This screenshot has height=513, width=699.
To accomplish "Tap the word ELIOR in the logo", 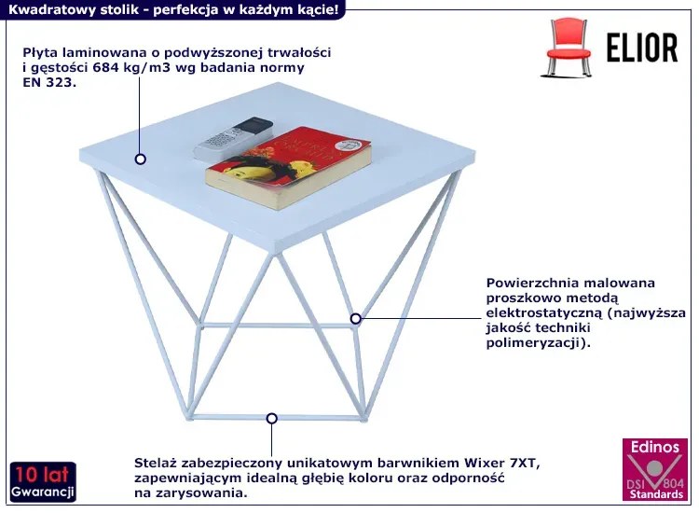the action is (642, 48).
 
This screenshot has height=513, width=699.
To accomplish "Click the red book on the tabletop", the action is (288, 167).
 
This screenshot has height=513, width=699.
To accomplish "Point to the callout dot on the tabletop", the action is (141, 159).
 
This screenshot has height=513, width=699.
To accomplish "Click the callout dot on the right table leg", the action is (355, 318).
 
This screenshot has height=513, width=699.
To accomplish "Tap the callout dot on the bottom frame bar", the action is (272, 419).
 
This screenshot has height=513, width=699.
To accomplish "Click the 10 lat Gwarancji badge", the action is (43, 482).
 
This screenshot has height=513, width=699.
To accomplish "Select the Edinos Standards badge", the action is (655, 469).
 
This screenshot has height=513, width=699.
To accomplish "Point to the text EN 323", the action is (49, 82).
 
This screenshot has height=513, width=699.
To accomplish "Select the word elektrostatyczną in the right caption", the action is (544, 312).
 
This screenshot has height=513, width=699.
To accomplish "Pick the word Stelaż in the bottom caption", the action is (155, 463).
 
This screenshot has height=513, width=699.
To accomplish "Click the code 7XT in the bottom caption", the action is (525, 464).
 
